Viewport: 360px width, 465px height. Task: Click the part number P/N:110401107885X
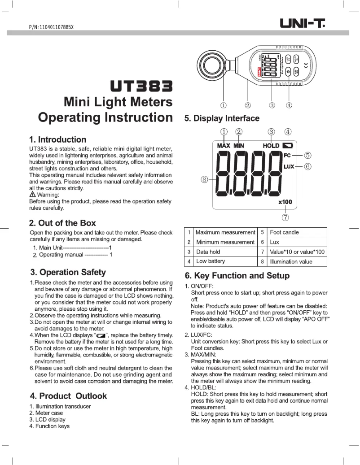point(51,27)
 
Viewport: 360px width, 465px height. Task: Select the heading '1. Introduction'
point(57,139)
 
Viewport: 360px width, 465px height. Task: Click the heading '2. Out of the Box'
point(62,223)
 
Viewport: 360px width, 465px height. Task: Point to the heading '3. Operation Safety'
point(68,272)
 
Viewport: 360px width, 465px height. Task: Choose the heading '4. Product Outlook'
point(68,396)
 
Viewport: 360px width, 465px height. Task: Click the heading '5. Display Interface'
point(222,118)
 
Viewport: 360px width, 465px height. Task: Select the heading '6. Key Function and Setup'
point(237,275)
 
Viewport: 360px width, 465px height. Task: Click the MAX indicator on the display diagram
point(224,146)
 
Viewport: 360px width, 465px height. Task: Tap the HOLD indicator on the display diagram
point(271,146)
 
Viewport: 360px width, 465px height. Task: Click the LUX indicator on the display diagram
point(289,166)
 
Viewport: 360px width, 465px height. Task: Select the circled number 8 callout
point(205,179)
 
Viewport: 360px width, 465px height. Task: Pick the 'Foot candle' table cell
point(284,232)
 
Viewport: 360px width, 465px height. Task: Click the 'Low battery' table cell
point(211,261)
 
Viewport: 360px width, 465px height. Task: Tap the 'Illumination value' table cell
point(291,261)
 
